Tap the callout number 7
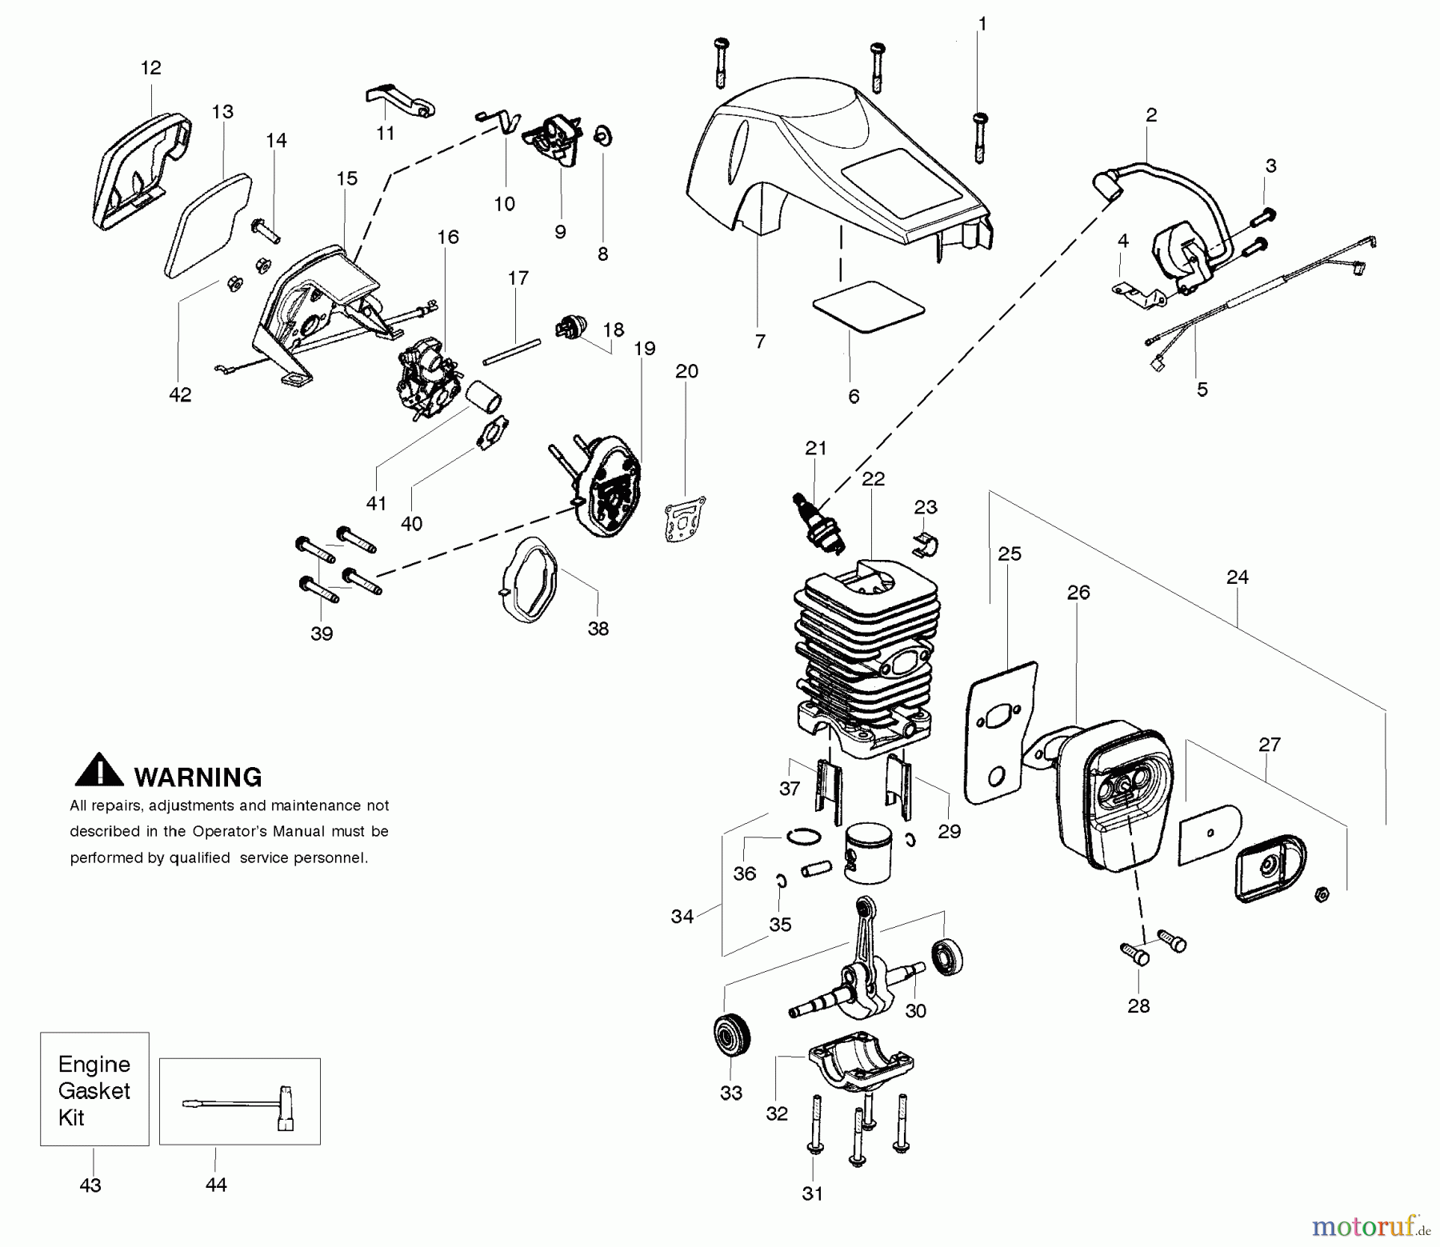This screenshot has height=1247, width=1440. tap(759, 342)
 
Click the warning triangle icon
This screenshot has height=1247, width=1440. tap(99, 769)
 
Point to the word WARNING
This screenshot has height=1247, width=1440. tap(198, 777)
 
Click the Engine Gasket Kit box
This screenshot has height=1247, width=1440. tap(94, 1089)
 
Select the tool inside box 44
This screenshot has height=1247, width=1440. tap(239, 1104)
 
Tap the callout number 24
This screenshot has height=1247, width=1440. tap(1237, 577)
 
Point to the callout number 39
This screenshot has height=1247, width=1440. tap(321, 633)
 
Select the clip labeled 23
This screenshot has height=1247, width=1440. tap(926, 545)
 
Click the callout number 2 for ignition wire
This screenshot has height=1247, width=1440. tap(1150, 115)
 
